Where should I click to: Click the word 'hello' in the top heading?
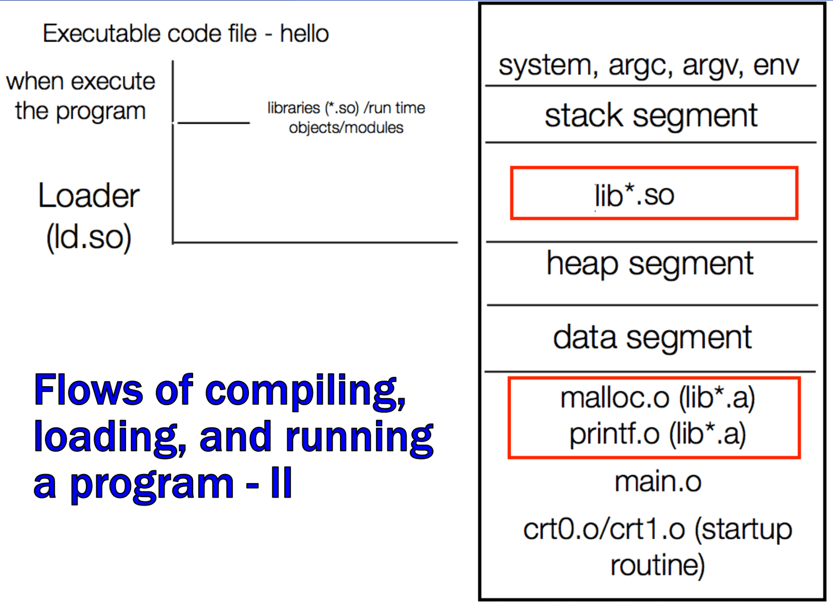click(304, 33)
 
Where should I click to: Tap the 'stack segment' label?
click(651, 117)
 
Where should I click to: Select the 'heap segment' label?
click(650, 264)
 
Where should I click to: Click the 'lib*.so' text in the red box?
click(635, 195)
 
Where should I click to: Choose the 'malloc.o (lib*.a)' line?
click(658, 399)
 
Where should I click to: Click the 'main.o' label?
click(658, 482)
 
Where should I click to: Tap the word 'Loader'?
click(89, 196)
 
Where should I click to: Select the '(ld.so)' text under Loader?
click(89, 238)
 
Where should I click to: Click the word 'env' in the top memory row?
click(776, 66)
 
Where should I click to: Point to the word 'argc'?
click(640, 68)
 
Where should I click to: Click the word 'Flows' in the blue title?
click(89, 390)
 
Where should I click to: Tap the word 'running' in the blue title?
click(359, 439)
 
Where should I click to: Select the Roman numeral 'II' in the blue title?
click(282, 483)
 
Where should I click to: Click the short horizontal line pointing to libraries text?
click(214, 123)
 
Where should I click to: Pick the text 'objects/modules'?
click(346, 128)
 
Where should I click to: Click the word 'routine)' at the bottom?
click(658, 566)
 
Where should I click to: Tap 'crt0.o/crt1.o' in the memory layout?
click(604, 529)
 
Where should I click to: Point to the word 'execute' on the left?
click(113, 81)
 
